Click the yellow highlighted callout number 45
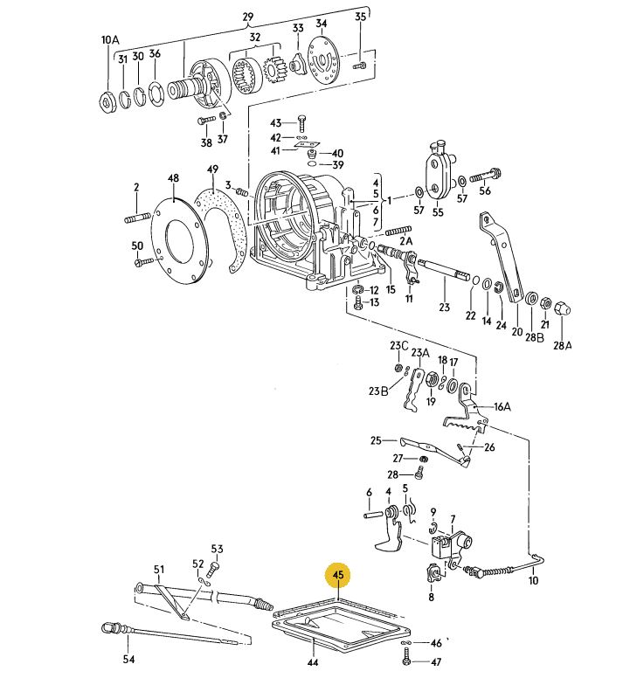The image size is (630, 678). click(x=337, y=575)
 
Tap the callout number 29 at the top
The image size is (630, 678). click(x=247, y=17)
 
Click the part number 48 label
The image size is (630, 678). click(x=173, y=178)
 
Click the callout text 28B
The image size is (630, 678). click(x=534, y=336)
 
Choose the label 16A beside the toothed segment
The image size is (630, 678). click(x=502, y=405)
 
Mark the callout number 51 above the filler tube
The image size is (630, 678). click(x=159, y=570)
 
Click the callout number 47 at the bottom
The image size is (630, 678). click(x=437, y=661)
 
